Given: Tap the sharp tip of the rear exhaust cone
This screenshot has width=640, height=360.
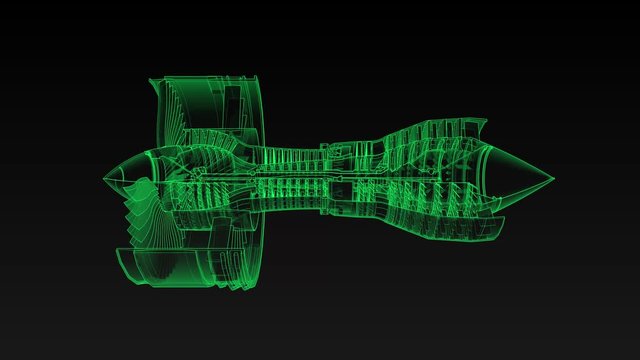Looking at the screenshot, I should (x=556, y=181).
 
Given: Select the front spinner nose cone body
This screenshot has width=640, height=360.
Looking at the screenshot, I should (x=125, y=177).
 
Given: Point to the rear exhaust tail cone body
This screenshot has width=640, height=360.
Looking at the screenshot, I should (x=520, y=180).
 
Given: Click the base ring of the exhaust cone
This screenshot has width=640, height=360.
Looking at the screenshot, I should (x=490, y=181).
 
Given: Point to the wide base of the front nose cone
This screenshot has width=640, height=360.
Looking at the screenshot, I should (x=146, y=178).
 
